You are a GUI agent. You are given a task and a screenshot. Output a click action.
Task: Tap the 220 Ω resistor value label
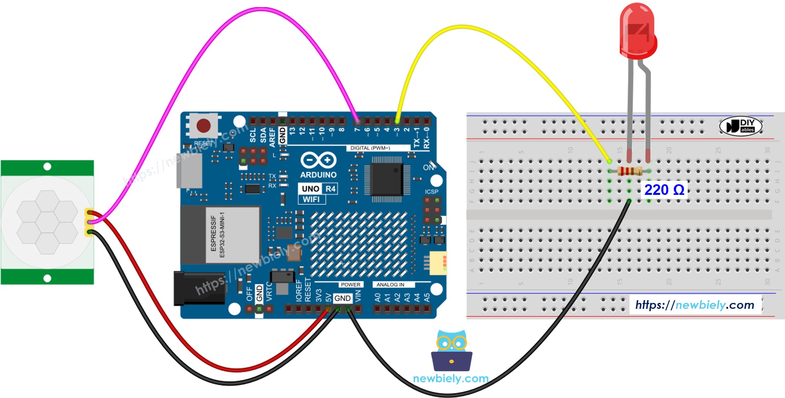click(664, 190)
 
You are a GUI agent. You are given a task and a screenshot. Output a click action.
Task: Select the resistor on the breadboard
click(629, 171)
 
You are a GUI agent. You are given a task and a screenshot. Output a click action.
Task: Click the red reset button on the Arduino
click(203, 126)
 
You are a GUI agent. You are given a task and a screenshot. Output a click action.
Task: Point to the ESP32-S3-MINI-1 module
click(232, 235)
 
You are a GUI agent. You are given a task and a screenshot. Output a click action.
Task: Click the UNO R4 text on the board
click(318, 189)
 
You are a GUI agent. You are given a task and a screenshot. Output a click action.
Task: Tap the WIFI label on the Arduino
click(311, 199)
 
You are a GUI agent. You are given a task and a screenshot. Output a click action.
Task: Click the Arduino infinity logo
click(318, 160)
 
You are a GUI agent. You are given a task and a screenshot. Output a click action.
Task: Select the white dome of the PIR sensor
click(47, 222)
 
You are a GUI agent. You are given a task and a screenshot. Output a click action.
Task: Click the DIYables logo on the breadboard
click(741, 126)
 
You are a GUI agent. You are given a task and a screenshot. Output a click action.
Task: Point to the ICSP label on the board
click(431, 192)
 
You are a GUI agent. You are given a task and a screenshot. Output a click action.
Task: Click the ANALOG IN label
click(390, 284)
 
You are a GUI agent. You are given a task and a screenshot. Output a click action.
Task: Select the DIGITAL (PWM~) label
click(370, 148)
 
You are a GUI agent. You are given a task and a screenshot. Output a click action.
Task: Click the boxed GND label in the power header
click(342, 298)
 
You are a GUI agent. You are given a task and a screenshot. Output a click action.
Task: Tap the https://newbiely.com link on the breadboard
click(695, 305)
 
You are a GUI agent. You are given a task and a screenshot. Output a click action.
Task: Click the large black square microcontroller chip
click(387, 179)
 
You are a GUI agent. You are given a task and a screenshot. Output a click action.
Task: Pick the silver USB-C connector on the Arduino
click(190, 171)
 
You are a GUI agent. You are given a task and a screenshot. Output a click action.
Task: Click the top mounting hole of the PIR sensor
click(47, 167)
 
